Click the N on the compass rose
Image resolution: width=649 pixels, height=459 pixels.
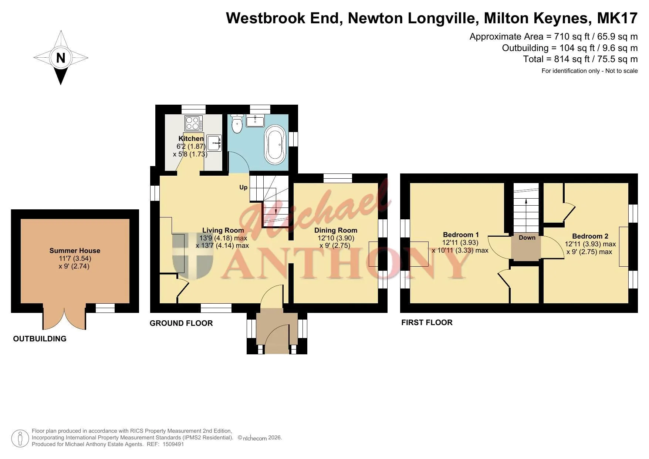tap(61, 58)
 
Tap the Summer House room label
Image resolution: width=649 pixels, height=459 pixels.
tap(75, 250)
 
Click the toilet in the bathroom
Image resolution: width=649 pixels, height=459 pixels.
tap(236, 124)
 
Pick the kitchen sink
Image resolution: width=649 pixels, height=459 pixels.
tap(214, 142)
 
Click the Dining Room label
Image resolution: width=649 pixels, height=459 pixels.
tap(336, 230)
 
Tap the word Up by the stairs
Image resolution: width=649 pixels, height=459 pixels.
tap(243, 188)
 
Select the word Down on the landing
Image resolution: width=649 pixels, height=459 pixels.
tap(527, 237)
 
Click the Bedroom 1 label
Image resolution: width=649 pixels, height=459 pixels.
tap(461, 234)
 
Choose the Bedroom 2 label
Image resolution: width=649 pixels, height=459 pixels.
tap(590, 236)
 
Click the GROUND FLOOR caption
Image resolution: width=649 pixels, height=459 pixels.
tap(181, 323)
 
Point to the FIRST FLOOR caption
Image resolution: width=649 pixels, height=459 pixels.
tap(427, 323)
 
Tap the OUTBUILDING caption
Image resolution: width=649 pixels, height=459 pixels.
tap(40, 339)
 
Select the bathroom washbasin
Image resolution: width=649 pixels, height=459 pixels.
tap(255, 121)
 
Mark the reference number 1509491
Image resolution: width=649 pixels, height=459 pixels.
tap(173, 444)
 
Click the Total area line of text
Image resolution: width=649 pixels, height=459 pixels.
tap(580, 59)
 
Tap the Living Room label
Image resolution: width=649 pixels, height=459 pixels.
tap(223, 230)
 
